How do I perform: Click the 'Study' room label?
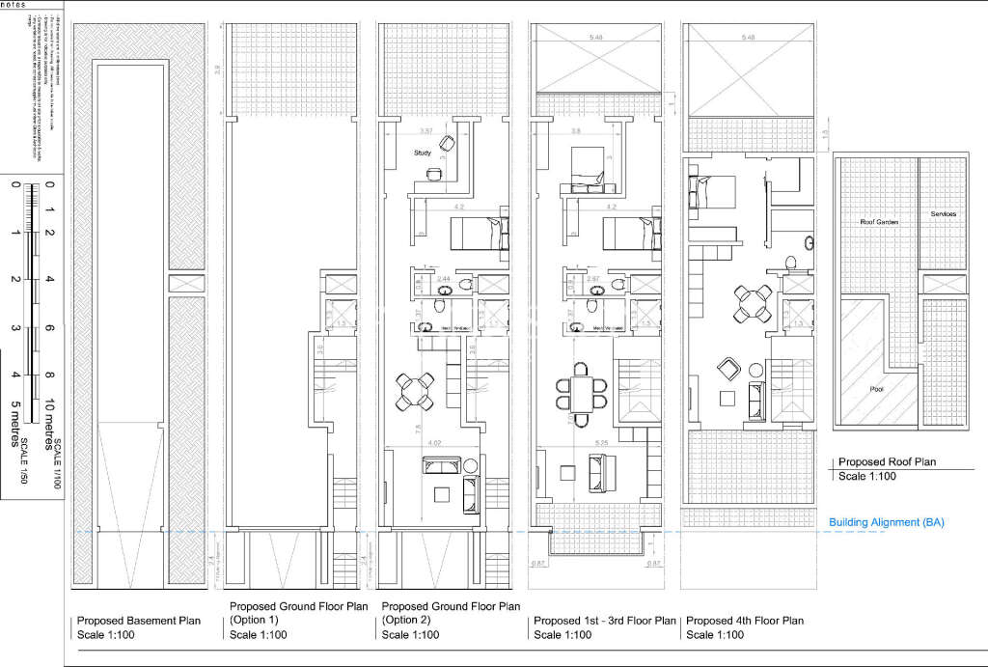[422, 153]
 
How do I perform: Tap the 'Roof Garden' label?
[879, 222]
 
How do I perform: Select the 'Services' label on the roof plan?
[943, 213]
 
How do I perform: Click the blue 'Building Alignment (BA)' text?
[886, 522]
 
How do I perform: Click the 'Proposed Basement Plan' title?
[138, 621]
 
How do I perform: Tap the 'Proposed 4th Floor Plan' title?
[743, 621]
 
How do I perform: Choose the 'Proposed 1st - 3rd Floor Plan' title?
[606, 621]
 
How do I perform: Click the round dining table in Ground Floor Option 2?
[416, 390]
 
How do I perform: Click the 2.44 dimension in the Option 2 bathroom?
[443, 278]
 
